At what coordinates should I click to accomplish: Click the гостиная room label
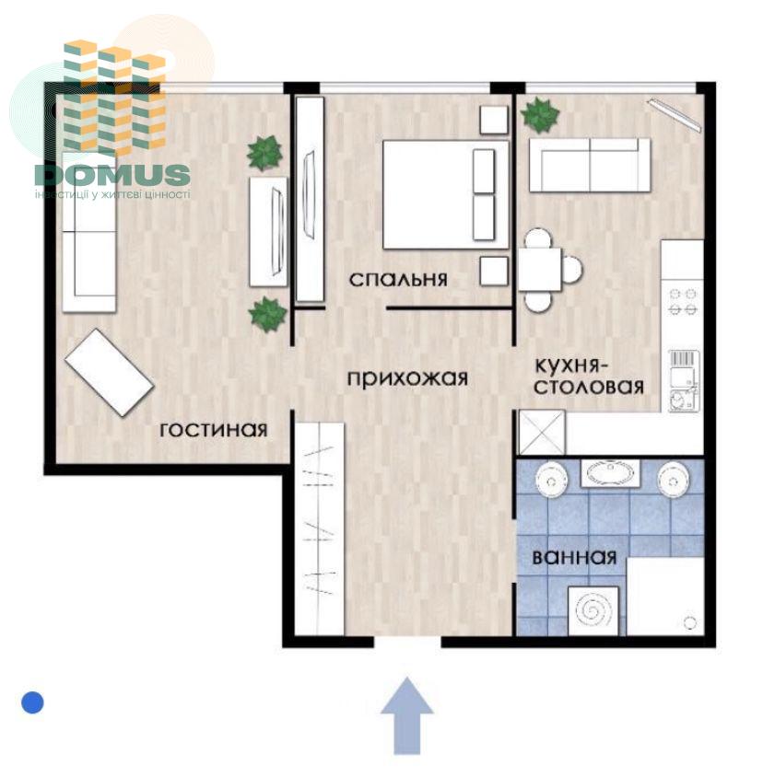[214, 430]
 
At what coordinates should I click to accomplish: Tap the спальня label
[398, 280]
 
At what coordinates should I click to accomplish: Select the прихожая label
[407, 378]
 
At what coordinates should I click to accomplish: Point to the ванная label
[574, 557]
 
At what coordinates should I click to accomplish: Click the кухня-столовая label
[589, 377]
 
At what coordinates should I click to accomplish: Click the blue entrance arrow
[407, 715]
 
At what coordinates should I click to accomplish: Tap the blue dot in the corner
[33, 702]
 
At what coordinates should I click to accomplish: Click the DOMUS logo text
[112, 175]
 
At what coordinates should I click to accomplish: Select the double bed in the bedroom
[445, 195]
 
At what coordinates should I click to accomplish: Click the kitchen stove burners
[683, 301]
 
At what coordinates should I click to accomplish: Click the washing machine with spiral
[593, 610]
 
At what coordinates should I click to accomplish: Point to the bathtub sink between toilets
[611, 474]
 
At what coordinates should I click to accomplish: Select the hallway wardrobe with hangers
[320, 528]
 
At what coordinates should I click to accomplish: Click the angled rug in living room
[110, 372]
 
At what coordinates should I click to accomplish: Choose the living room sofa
[89, 232]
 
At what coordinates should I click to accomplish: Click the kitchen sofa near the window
[590, 165]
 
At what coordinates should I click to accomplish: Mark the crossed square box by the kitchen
[541, 432]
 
